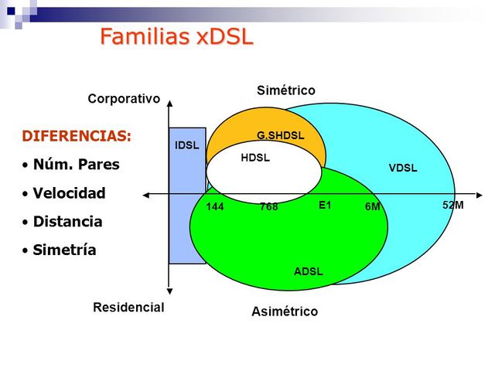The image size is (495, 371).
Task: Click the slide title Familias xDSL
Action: coord(177,36)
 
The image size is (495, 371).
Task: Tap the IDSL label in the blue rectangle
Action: coord(187,145)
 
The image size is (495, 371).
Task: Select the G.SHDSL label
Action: coord(280,136)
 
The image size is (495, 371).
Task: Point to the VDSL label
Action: coord(402,168)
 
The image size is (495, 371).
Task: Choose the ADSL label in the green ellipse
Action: coord(308,271)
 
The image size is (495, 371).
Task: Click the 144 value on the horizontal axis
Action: coord(215,207)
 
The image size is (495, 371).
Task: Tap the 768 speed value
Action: coord(268,207)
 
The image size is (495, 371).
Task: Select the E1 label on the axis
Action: coord(325,206)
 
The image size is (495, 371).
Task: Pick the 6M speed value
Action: coord(373,207)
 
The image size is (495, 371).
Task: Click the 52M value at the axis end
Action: coord(452,206)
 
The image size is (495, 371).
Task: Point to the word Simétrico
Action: coord(285,91)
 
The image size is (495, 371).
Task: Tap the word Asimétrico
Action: coord(284,312)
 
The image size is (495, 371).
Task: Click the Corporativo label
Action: coord(124,99)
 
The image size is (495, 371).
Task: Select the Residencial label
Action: coord(128,307)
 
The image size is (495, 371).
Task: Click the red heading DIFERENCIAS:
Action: coord(77,136)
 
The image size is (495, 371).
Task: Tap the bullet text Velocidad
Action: coord(69,193)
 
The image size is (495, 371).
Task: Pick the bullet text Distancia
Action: coord(67,222)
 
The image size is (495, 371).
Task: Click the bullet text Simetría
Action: coord(64,250)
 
